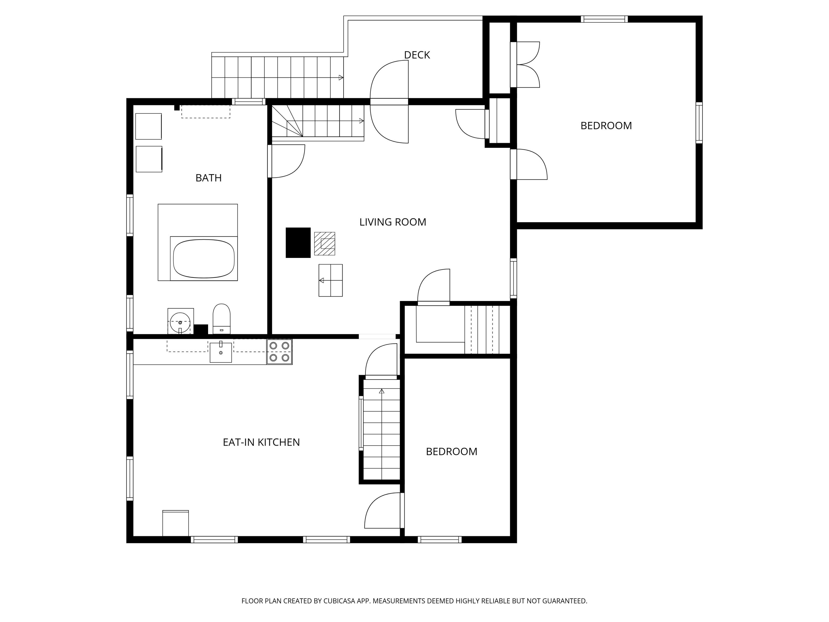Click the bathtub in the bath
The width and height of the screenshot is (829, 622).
[x=204, y=259]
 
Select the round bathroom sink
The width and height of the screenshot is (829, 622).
[x=180, y=322]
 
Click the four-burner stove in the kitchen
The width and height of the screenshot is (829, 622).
[x=279, y=352]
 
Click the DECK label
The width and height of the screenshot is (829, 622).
[x=417, y=55]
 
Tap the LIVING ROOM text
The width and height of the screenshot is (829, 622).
[x=392, y=222]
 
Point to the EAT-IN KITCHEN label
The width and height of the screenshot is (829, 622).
[x=261, y=442]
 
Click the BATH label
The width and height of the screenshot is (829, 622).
[x=208, y=178]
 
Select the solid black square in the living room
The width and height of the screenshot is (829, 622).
[x=298, y=242]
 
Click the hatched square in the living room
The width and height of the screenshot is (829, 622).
[x=325, y=244]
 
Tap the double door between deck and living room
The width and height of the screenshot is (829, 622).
[x=389, y=102]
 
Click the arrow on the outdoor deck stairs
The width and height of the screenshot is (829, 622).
[x=341, y=78]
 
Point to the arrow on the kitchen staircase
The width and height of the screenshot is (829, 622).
[x=382, y=391]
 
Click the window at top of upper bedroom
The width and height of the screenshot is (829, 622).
[x=604, y=19]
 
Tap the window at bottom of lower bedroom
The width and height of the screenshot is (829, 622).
[x=439, y=540]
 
